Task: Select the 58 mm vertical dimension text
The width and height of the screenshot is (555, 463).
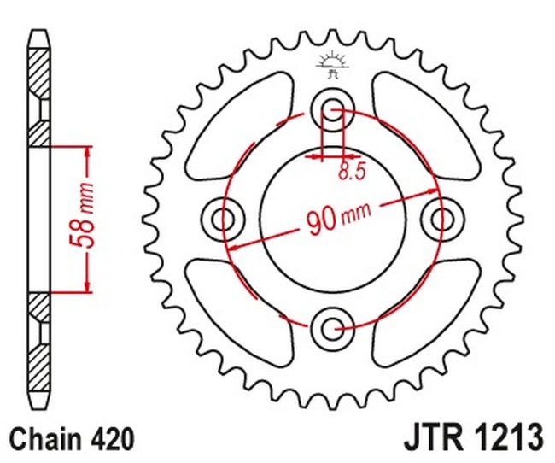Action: point(86,218)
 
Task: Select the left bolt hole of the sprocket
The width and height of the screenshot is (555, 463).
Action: point(225,219)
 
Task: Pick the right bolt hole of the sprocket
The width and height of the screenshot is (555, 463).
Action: point(441,219)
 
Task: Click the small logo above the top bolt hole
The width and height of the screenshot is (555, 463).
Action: point(332,63)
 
